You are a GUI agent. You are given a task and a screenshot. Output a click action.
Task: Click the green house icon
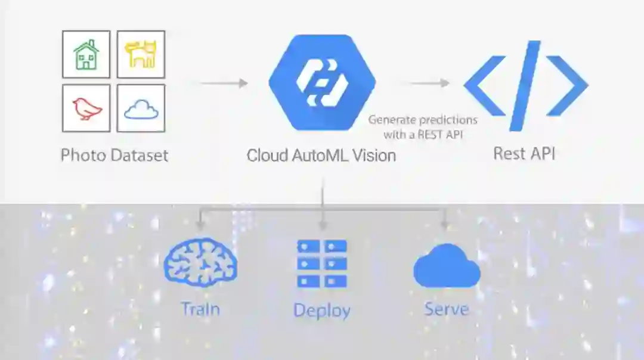[86, 55]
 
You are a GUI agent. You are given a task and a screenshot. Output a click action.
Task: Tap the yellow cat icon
[141, 55]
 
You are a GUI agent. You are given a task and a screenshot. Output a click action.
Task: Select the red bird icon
[86, 108]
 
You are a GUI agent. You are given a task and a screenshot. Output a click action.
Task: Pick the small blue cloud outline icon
[141, 108]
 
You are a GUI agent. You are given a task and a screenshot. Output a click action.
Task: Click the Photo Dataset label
[114, 156]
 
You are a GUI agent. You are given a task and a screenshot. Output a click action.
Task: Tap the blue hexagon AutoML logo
[322, 82]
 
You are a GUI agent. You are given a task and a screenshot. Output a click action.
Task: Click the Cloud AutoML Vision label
[321, 156]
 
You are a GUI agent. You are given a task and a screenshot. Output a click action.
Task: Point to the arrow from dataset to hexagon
[224, 83]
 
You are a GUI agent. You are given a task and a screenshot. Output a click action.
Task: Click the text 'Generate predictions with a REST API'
[422, 127]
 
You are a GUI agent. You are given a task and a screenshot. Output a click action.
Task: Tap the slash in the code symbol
[525, 85]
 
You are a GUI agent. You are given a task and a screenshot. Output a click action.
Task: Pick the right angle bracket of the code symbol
[567, 85]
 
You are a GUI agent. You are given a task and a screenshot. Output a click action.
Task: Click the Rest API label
[524, 153]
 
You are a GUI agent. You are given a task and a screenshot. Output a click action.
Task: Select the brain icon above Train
[200, 261]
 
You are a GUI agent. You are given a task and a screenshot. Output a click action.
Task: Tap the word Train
[200, 309]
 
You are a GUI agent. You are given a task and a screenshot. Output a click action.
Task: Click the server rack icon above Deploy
[322, 263]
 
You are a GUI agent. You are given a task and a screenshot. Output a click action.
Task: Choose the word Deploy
[322, 310]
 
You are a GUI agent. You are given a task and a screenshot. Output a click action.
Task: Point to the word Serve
[446, 309]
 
